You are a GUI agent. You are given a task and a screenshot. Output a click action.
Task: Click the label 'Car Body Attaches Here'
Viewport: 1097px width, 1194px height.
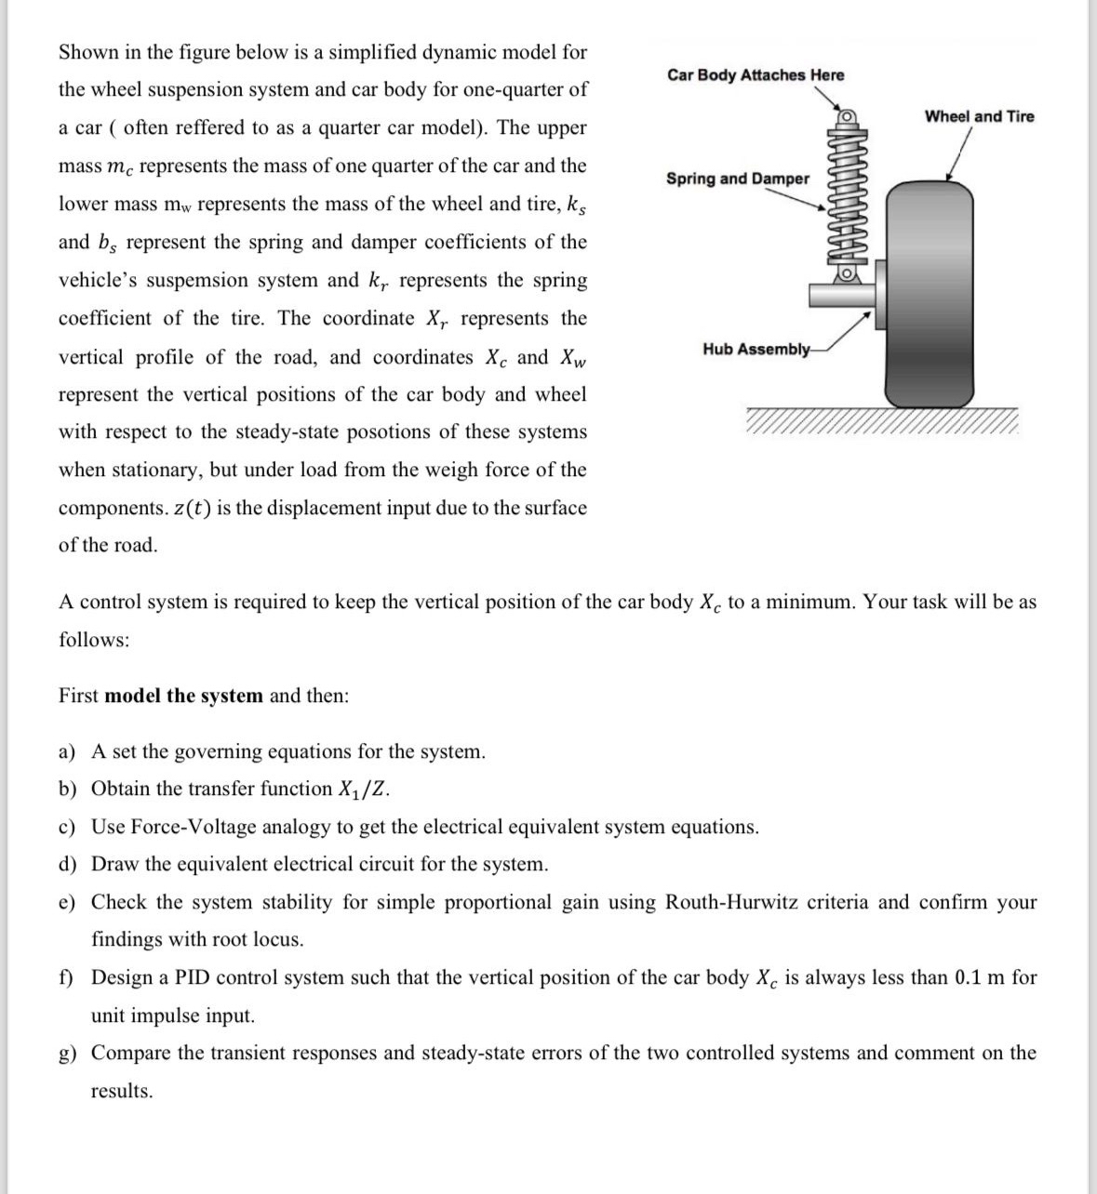tap(756, 75)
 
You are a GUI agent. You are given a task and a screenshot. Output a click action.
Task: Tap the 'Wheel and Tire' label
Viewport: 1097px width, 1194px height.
tap(979, 116)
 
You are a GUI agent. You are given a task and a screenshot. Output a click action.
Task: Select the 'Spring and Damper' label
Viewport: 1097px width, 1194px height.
tap(738, 179)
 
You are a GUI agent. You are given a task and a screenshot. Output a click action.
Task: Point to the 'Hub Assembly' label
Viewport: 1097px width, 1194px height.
tap(756, 349)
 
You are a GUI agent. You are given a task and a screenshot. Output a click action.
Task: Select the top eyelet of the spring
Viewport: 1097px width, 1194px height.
tap(847, 118)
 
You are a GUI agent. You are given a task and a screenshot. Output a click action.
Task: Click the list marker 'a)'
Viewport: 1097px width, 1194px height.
tap(68, 751)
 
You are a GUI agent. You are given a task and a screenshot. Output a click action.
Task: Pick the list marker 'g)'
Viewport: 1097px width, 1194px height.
tap(68, 1053)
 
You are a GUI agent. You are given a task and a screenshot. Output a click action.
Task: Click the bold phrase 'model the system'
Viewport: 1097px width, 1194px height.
tap(183, 696)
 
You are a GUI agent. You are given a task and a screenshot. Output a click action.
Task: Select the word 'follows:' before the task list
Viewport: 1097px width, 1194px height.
tap(94, 640)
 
